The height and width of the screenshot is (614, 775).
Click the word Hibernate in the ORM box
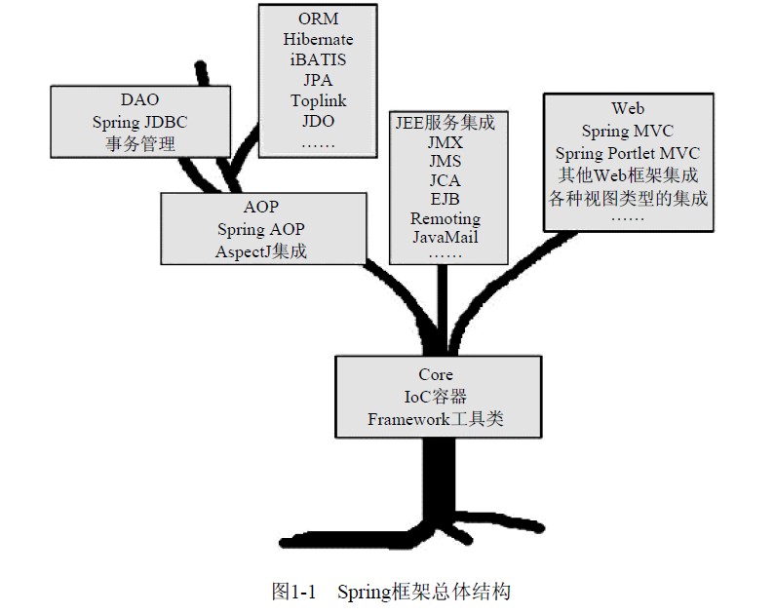click(318, 39)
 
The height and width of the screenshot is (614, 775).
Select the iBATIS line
click(318, 59)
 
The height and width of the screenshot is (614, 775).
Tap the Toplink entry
click(318, 100)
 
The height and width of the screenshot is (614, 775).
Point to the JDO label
click(318, 121)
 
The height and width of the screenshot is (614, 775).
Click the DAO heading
click(139, 100)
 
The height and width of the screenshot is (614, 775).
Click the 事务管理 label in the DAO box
click(139, 143)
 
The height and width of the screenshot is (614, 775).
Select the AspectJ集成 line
click(263, 250)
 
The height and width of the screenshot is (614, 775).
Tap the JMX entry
click(445, 142)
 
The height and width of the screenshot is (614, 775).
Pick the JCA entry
click(445, 180)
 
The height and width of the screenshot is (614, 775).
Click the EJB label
click(445, 199)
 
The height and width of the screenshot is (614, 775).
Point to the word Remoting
click(445, 218)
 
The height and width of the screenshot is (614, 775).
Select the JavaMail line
click(445, 237)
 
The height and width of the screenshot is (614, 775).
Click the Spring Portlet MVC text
click(628, 154)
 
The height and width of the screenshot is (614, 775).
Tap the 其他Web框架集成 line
click(628, 176)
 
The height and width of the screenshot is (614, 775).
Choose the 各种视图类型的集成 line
click(628, 199)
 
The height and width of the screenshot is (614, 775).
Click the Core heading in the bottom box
click(436, 375)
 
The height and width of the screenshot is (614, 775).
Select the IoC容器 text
click(436, 397)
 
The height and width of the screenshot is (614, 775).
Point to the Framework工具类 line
click(436, 419)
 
